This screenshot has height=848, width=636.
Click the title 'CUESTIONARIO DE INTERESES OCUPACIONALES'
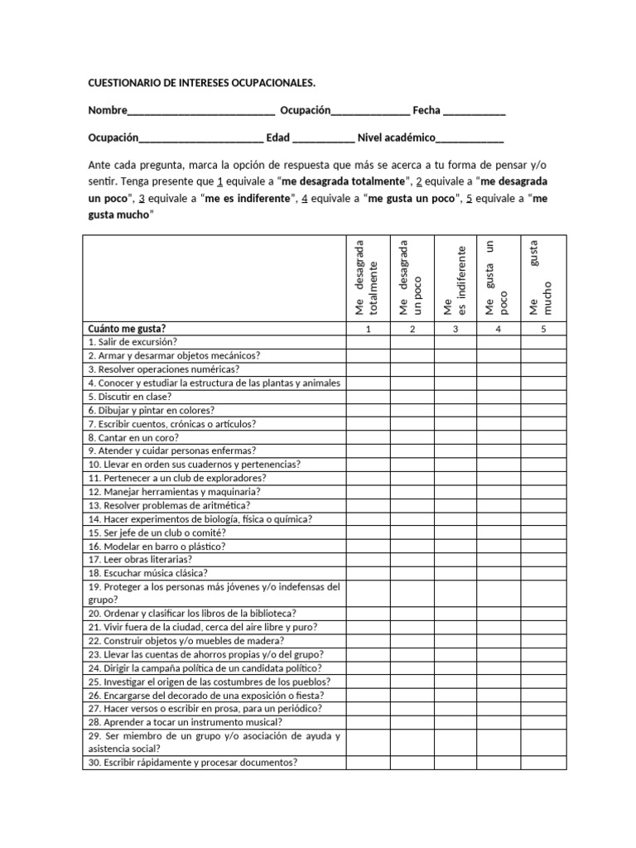pos(201,84)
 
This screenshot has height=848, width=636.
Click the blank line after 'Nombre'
pos(201,112)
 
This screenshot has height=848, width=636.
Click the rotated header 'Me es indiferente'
pos(455,277)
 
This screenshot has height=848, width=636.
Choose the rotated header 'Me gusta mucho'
pos(542,277)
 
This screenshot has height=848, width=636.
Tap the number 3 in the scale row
pos(455,329)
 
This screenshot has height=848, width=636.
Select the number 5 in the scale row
pos(542,329)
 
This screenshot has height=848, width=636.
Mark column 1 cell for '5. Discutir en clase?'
pos(369,397)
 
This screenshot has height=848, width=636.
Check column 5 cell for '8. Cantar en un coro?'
pos(542,437)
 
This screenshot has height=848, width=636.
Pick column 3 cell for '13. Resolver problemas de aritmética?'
pos(455,505)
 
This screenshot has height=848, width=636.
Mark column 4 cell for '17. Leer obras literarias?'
pos(499,560)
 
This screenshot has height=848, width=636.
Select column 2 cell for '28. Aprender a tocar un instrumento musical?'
pos(412,722)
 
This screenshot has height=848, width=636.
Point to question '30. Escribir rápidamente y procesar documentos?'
pos(192,763)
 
